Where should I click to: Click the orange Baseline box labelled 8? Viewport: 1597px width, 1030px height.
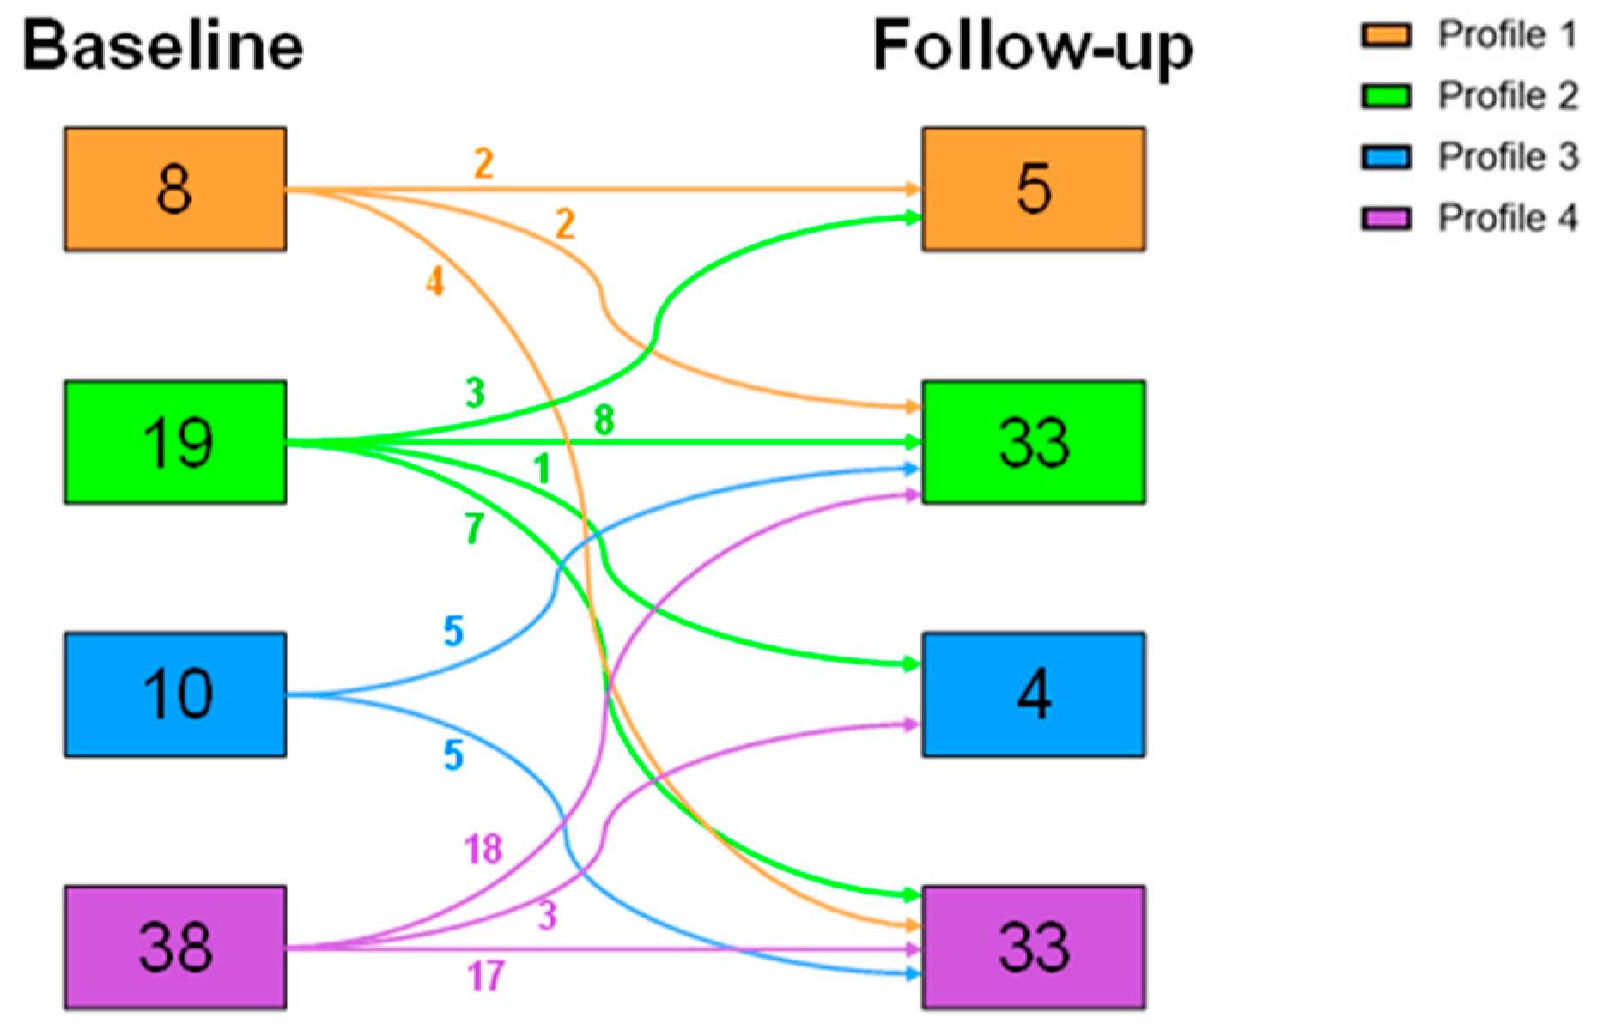click(x=175, y=190)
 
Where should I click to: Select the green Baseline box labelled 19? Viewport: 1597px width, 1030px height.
click(x=175, y=442)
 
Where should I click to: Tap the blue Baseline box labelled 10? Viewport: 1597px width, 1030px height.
click(x=175, y=694)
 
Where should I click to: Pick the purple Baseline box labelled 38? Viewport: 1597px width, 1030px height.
click(x=175, y=947)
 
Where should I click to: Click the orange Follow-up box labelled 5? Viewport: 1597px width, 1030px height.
click(x=1034, y=190)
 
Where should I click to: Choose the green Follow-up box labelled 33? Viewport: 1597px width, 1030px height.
click(x=1034, y=442)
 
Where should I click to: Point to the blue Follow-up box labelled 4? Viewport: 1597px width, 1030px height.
click(x=1034, y=694)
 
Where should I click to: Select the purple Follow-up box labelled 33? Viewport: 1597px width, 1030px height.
click(x=1034, y=947)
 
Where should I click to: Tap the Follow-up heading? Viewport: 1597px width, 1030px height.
click(x=1034, y=48)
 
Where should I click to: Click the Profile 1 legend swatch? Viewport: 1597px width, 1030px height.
click(x=1386, y=36)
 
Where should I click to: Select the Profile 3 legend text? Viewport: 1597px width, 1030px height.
click(x=1508, y=157)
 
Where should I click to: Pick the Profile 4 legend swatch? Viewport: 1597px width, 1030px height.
click(x=1386, y=219)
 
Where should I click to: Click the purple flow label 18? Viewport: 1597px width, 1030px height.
click(x=483, y=850)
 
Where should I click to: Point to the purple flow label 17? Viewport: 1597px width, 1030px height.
click(x=486, y=976)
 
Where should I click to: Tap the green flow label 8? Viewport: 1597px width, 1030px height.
click(x=604, y=421)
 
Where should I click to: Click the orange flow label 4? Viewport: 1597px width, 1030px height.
click(x=435, y=282)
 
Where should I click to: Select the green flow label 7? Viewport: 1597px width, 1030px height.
click(x=474, y=529)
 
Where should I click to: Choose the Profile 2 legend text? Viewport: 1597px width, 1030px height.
click(x=1508, y=96)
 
